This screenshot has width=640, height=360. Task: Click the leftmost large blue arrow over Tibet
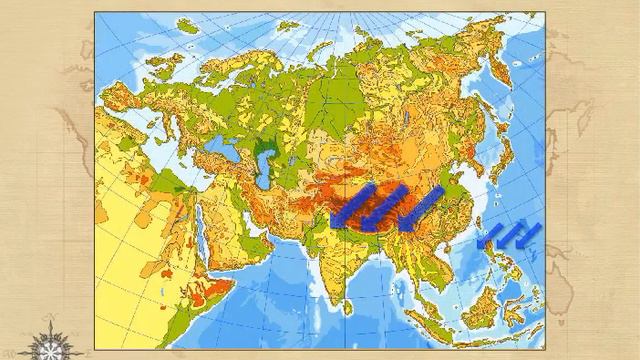(x=353, y=208)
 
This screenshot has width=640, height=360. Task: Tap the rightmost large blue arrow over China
(x=422, y=208)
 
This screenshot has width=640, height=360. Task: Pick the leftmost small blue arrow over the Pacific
(x=491, y=236)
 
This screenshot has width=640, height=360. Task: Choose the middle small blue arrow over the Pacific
(x=509, y=235)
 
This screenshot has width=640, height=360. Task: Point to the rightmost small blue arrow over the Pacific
(x=527, y=234)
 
